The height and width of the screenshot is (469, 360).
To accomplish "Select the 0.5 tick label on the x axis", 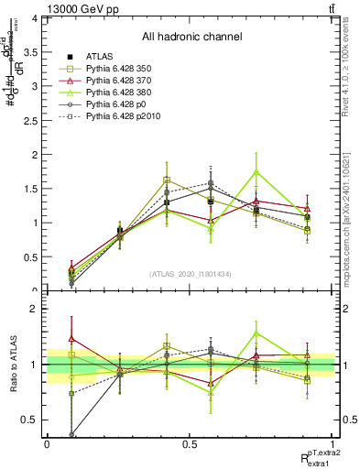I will click(189, 444).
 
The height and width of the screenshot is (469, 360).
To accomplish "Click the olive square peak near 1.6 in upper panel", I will click(167, 180).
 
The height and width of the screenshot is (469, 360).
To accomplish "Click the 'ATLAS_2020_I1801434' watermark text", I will click(190, 274).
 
